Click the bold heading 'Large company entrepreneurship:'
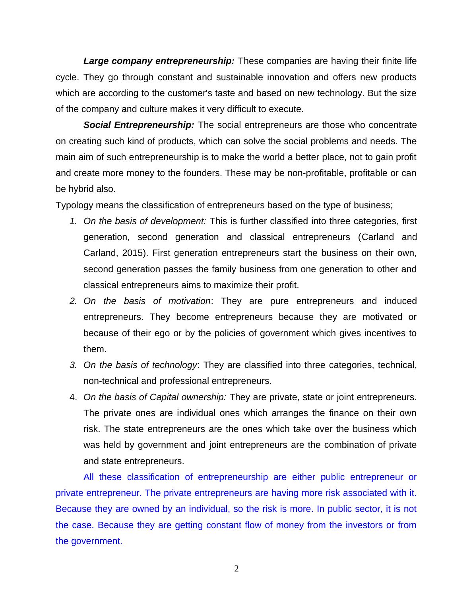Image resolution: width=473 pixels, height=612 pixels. pyautogui.click(x=159, y=61)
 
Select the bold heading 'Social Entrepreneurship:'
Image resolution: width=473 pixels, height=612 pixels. pyautogui.click(x=139, y=125)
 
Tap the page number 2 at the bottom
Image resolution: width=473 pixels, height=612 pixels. pyautogui.click(x=236, y=569)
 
